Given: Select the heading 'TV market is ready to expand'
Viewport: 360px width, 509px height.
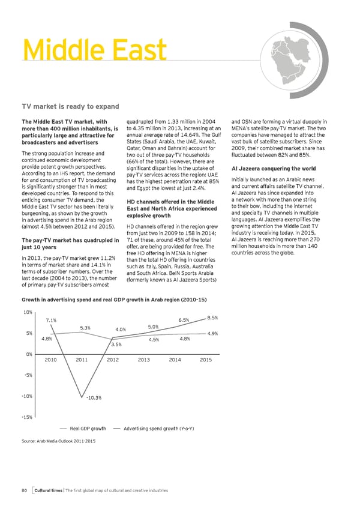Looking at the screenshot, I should coord(71,107).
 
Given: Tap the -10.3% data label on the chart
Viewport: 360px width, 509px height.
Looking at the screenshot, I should coord(93,398).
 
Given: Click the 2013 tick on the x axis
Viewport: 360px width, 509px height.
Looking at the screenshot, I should coord(144,360).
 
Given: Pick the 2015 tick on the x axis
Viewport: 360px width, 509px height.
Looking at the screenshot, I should coord(205,360).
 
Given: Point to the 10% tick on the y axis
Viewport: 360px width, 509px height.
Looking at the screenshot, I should coord(28,312).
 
